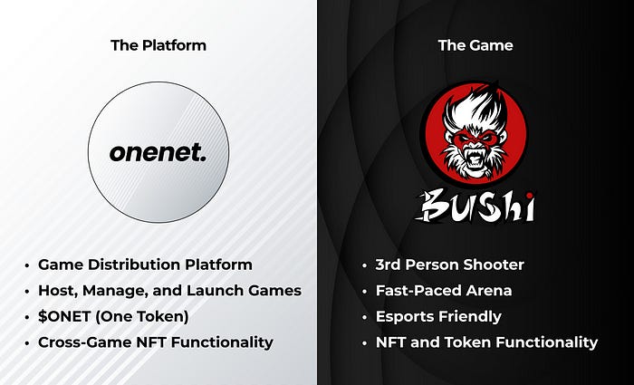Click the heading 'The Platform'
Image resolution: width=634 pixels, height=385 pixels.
click(158, 45)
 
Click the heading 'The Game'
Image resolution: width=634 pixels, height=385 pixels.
click(475, 45)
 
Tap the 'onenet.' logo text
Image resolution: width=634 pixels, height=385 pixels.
click(158, 153)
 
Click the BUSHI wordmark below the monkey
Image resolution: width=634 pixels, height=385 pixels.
click(475, 207)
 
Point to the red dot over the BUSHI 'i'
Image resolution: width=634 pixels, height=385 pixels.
click(529, 197)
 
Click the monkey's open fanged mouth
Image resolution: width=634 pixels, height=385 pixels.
click(475, 158)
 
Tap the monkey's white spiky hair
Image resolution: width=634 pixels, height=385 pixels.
click(474, 106)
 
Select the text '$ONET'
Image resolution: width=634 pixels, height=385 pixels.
click(64, 316)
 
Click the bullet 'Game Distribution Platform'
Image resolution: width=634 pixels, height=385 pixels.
click(145, 265)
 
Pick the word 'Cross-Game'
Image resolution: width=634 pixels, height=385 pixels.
click(83, 342)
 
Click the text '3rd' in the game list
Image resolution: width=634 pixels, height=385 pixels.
click(389, 265)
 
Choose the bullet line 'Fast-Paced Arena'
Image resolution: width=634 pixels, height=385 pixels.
click(444, 291)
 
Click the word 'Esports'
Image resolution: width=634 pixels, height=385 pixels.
click(404, 316)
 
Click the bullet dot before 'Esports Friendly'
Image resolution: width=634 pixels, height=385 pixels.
click(365, 317)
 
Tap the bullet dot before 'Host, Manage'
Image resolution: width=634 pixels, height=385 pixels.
click(27, 292)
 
